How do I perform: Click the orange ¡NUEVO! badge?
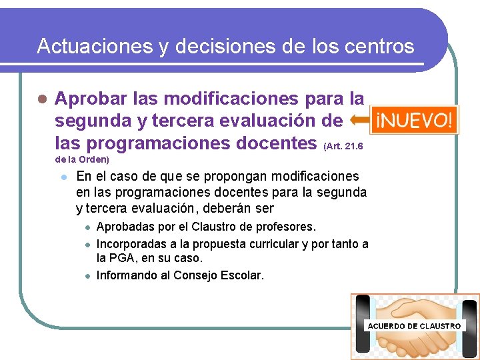[415, 121]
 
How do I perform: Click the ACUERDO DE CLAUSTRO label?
[414, 326]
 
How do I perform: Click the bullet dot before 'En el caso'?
[62, 177]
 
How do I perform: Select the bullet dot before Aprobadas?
[86, 227]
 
